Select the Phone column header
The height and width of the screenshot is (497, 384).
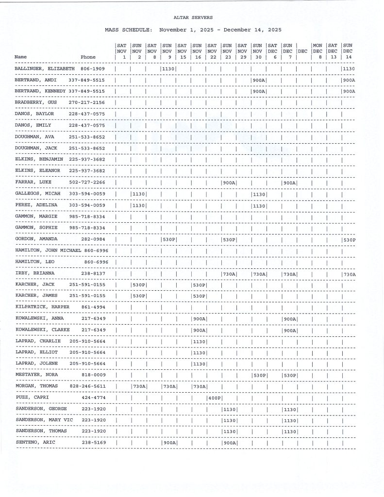pyautogui.click(x=88, y=57)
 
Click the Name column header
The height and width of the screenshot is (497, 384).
pyautogui.click(x=20, y=57)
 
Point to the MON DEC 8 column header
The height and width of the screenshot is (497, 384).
pyautogui.click(x=317, y=51)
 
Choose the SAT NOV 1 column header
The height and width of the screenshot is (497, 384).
pyautogui.click(x=122, y=51)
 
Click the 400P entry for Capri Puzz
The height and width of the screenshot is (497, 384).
pyautogui.click(x=214, y=398)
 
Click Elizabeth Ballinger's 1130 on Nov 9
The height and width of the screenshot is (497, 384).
pyautogui.click(x=168, y=69)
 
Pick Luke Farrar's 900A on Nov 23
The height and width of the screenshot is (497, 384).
pyautogui.click(x=229, y=182)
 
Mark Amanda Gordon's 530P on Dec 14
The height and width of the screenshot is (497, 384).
pyautogui.click(x=349, y=240)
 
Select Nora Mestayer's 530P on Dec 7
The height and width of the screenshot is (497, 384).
pyautogui.click(x=289, y=375)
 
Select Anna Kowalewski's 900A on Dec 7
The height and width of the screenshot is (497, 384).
pyautogui.click(x=289, y=319)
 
